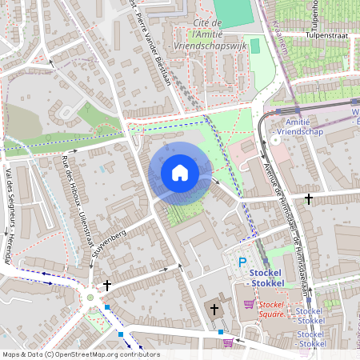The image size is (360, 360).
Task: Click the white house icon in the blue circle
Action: coord(180,172)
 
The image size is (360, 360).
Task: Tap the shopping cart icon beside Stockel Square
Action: coord(249,304)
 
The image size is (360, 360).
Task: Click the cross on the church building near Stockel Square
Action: coord(214,308)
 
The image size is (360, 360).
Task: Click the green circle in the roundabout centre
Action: coord(90,298)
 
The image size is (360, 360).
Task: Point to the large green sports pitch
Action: coord(232,10)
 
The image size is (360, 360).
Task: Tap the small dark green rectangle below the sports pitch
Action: coord(255,46)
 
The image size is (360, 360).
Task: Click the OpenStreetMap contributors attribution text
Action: coord(81,354)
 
